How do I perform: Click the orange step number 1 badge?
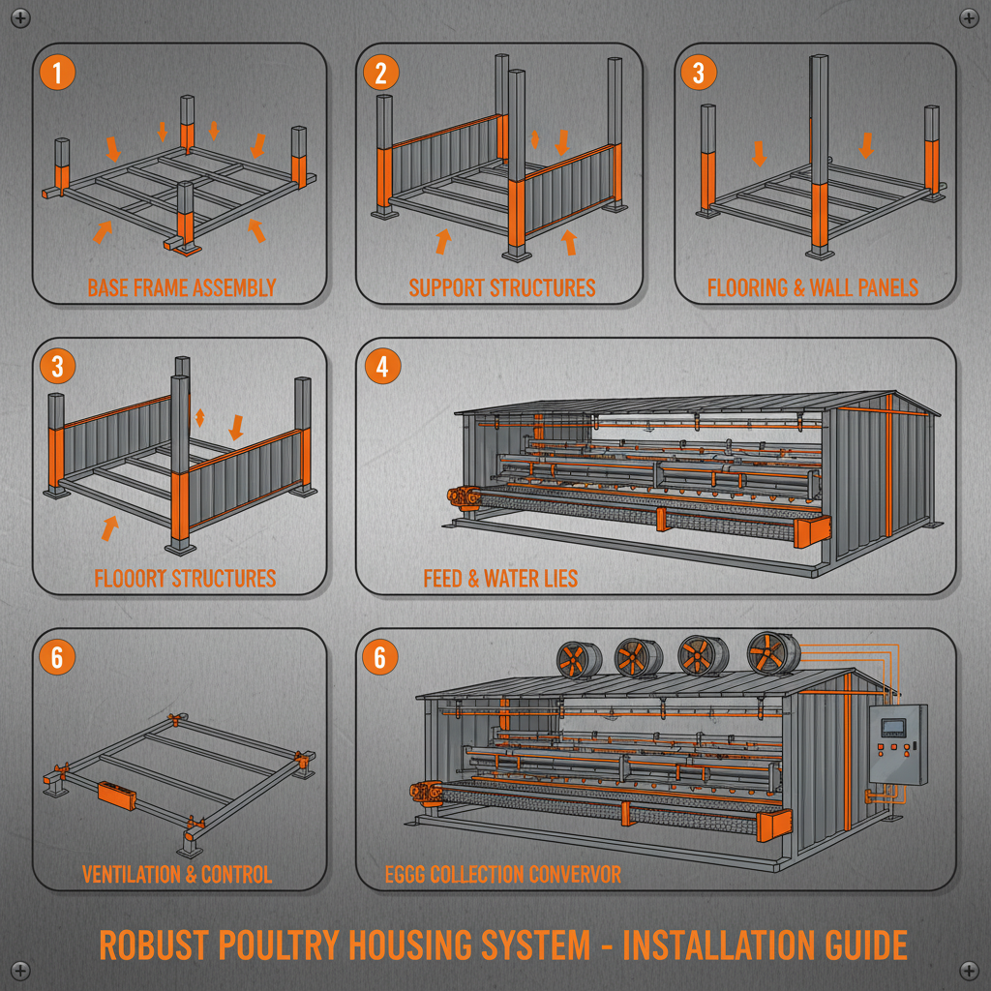click(57, 74)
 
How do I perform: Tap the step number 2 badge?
click(380, 74)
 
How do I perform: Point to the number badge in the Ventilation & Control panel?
click(57, 658)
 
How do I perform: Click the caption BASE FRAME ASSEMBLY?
click(181, 287)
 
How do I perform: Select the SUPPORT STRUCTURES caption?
click(502, 287)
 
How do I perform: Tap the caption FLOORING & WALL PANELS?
click(813, 287)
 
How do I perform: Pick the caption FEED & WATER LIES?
click(500, 579)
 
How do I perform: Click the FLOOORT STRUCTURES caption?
click(185, 579)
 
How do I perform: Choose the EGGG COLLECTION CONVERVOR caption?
click(502, 875)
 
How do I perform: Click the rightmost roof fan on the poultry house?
click(770, 653)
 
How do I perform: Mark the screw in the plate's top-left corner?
click(22, 18)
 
